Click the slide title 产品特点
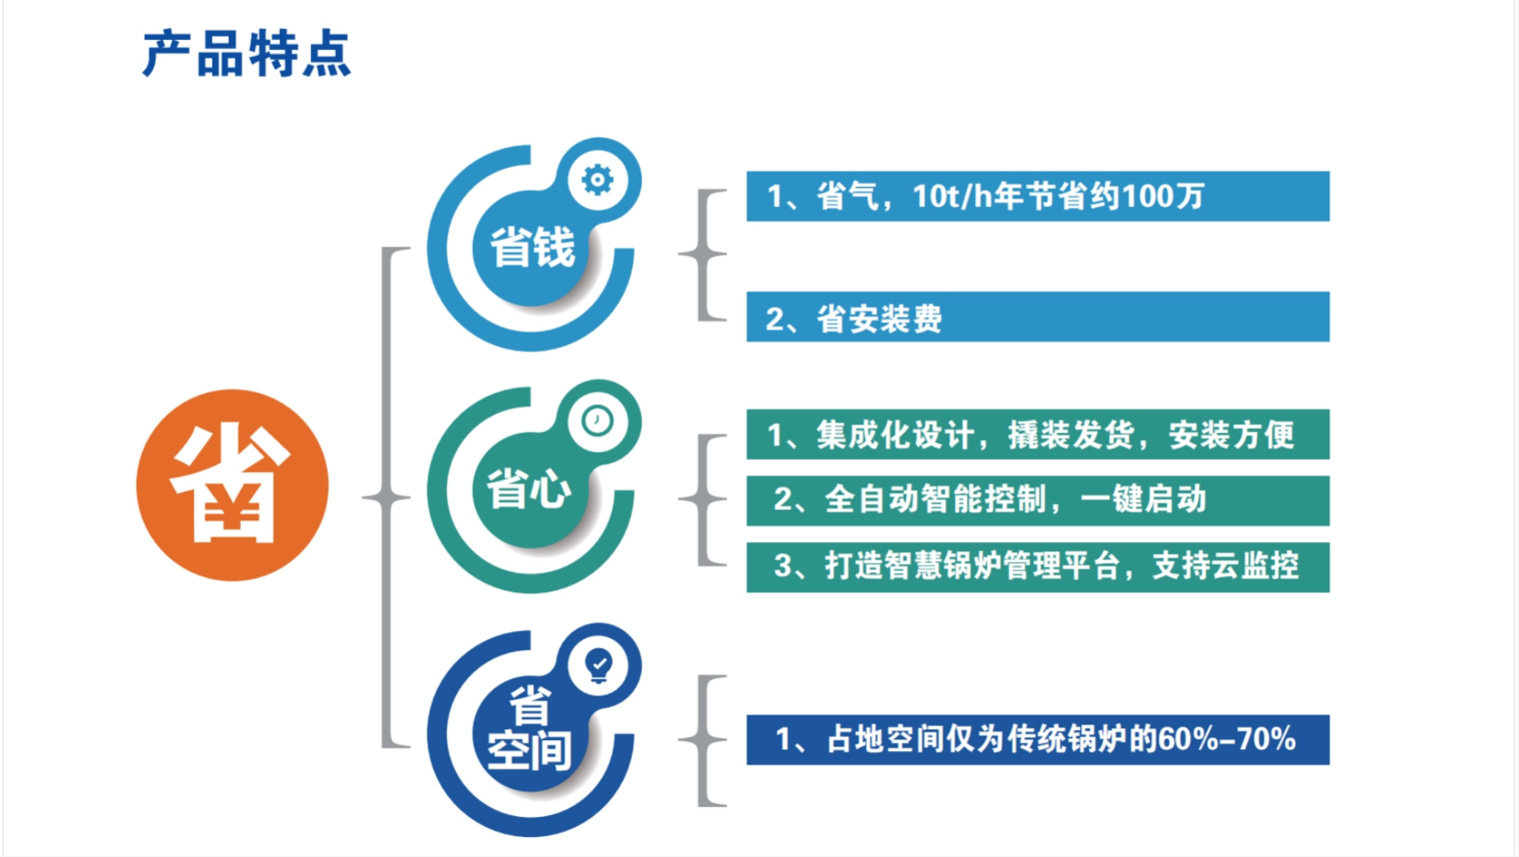coord(247,55)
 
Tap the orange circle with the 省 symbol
coord(232,485)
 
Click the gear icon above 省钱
coord(597,180)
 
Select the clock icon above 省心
coord(597,421)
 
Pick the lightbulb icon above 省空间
coord(599,666)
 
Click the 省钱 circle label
coord(533,248)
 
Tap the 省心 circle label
coord(529,489)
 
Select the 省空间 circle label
coord(529,728)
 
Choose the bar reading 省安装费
coord(1037,317)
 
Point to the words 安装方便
coord(1231,434)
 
